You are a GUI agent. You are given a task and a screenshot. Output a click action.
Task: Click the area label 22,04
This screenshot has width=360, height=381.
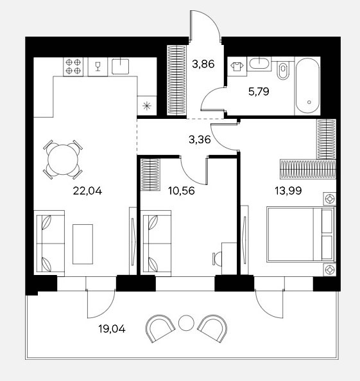tap(87, 191)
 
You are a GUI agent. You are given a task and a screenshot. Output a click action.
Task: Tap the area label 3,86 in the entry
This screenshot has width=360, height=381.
tap(203, 64)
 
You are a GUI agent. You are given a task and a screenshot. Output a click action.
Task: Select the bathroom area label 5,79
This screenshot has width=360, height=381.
tap(259, 92)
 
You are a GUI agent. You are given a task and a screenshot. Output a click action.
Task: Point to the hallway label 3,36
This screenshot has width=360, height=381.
tap(200, 139)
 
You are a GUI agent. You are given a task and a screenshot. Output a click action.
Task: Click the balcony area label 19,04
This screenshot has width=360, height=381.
tap(112, 329)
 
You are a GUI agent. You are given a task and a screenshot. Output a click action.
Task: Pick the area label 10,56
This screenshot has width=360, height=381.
tap(182, 191)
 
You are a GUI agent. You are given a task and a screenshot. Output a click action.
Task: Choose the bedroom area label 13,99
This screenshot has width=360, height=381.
tap(288, 191)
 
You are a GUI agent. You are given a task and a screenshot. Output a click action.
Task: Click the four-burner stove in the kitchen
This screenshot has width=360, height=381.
tap(73, 67)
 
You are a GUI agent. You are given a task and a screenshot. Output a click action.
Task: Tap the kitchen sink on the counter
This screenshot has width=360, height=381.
tap(120, 66)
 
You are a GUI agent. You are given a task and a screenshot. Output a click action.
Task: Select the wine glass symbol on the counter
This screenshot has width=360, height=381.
tap(98, 66)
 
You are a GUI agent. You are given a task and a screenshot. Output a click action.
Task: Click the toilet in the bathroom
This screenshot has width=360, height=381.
tap(283, 70)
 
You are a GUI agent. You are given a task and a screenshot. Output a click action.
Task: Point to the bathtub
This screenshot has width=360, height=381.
tap(307, 86)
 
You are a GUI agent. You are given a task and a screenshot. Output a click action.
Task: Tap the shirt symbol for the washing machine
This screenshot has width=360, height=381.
tap(237, 66)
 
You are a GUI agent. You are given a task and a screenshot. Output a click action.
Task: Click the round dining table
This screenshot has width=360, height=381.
tap(63, 159)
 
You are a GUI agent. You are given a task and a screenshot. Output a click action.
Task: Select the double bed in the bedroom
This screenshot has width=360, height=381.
tap(301, 235)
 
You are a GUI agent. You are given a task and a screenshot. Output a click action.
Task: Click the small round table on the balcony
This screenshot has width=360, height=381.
tap(186, 323)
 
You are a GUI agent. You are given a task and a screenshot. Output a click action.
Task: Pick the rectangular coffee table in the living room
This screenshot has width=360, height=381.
tap(83, 244)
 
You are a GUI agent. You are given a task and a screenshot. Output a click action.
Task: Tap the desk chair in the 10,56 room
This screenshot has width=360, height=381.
tap(217, 259)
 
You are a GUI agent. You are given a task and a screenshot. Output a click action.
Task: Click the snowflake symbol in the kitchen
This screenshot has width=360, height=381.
tap(146, 106)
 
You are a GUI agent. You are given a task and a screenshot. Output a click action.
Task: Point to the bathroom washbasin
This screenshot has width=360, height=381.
tap(259, 64)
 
